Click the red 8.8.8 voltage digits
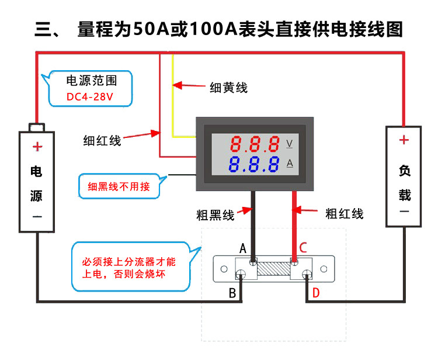tap(254, 143)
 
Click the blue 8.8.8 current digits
tap(254, 164)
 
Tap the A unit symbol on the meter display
tap(290, 164)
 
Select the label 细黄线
tap(228, 88)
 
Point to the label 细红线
tap(102, 140)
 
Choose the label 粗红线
tap(344, 213)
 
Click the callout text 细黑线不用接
tap(119, 187)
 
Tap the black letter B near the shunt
tap(232, 293)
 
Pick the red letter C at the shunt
tap(303, 248)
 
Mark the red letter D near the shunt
tap(316, 293)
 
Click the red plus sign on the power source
tap(37, 147)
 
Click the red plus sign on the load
tap(404, 140)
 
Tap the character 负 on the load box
tap(404, 171)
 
